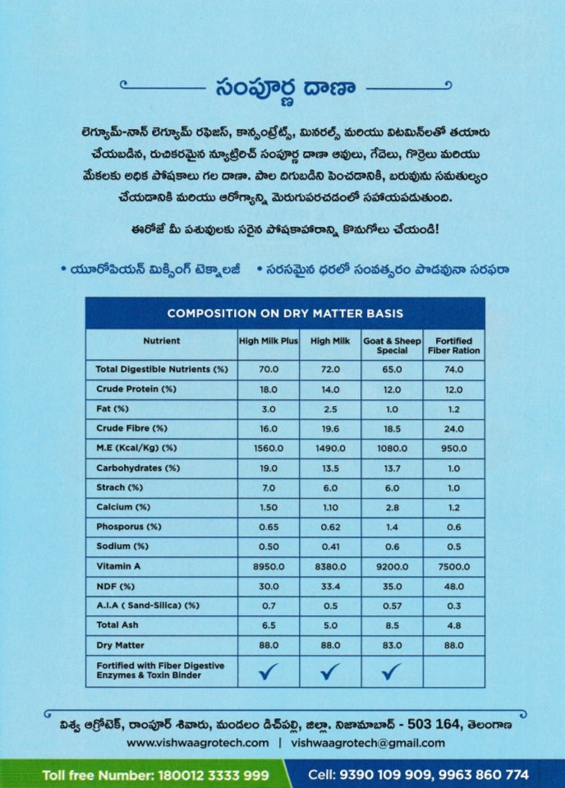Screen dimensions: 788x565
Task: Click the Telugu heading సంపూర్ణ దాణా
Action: coord(283,87)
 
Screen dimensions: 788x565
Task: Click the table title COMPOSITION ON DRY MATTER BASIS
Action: coord(285,313)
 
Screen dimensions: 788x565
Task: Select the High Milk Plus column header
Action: coord(269,340)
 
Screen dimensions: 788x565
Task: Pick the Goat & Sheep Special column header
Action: coord(392,345)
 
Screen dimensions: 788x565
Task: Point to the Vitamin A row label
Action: coord(120,566)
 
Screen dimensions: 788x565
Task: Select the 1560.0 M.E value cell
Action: coord(269,448)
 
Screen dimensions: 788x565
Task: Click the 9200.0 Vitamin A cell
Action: coord(392,566)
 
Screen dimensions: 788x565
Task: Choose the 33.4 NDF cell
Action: coord(330,586)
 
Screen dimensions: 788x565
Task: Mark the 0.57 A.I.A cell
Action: coord(392,606)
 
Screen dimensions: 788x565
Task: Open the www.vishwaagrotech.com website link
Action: coord(198,742)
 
